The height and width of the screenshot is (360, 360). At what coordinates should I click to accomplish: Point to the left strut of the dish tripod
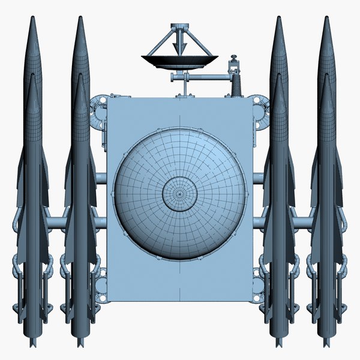click(163, 43)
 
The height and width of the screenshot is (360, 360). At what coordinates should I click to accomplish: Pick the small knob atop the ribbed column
click(234, 58)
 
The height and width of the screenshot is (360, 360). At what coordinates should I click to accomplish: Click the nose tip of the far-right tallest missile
click(327, 18)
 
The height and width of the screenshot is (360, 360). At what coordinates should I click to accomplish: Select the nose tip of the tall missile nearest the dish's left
click(80, 18)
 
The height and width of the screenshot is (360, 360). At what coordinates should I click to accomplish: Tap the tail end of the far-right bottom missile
click(326, 344)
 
